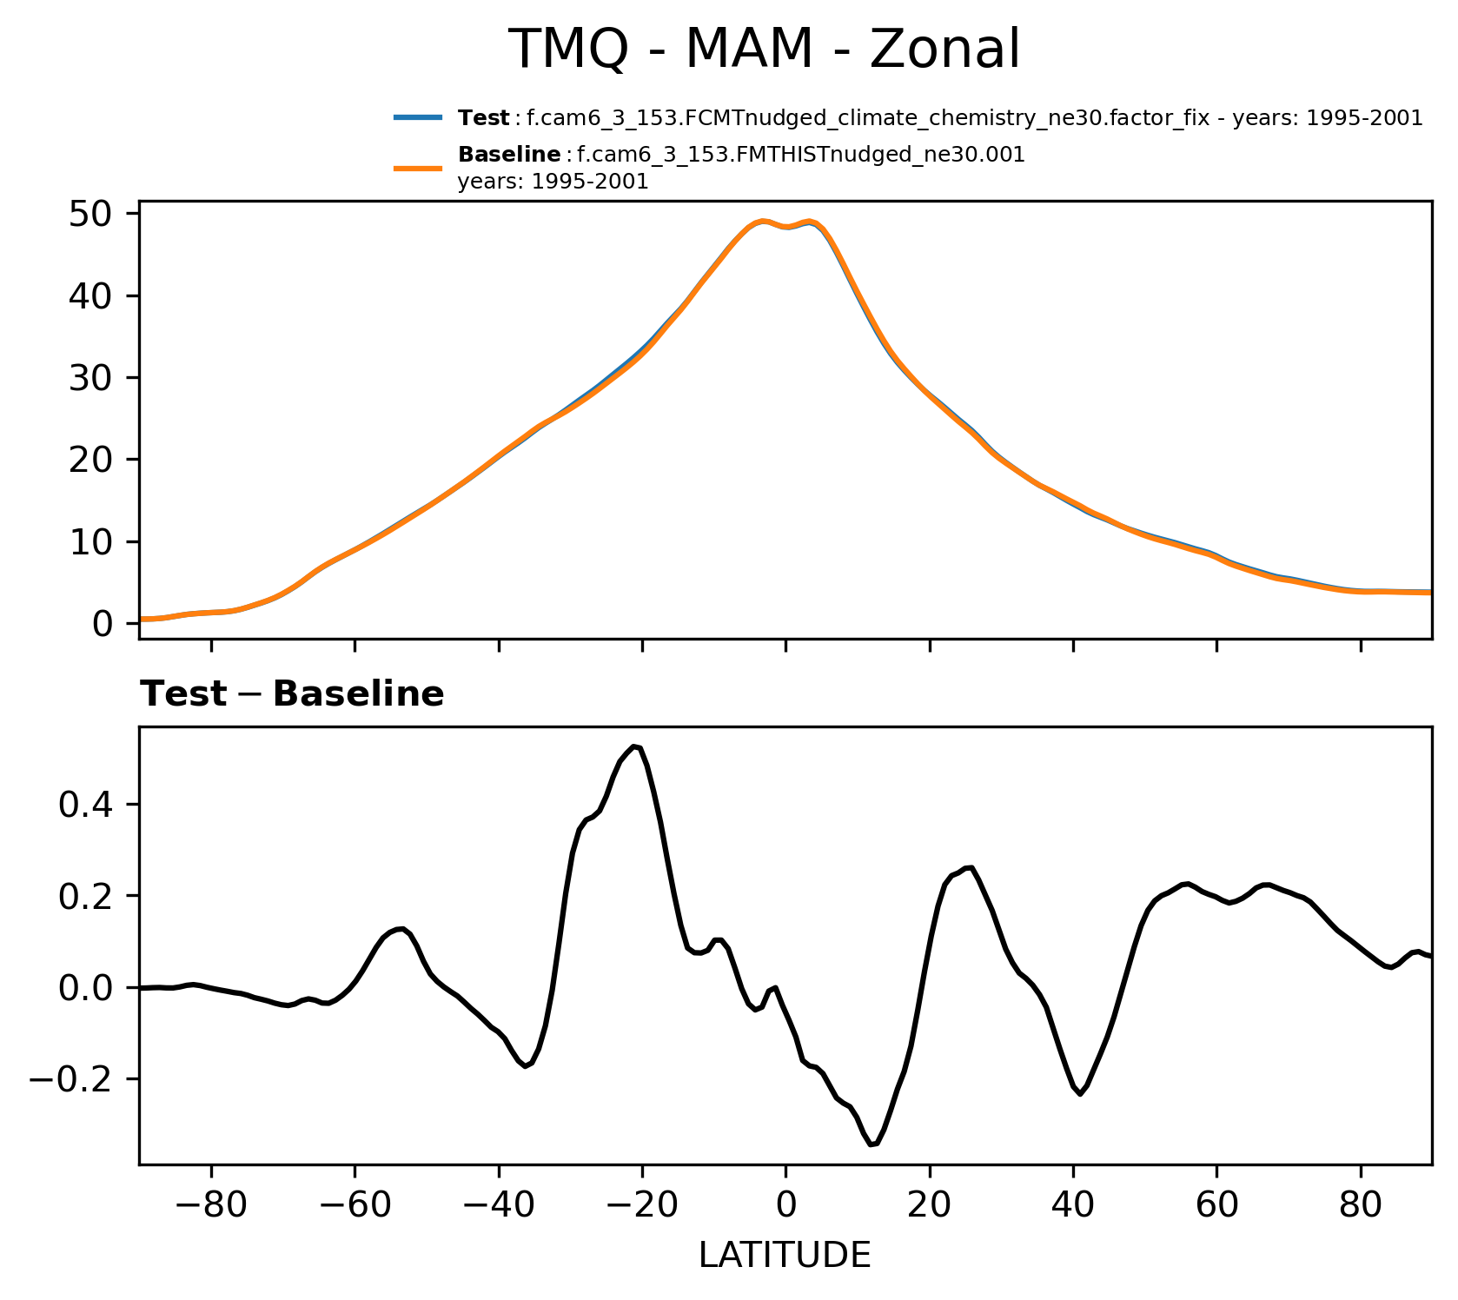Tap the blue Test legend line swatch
point(419,117)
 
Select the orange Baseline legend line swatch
point(419,168)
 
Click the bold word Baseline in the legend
point(509,155)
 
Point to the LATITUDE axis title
point(785,1255)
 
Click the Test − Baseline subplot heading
point(292,694)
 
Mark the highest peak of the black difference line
point(635,746)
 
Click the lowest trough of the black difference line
point(871,1145)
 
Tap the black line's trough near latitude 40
point(1080,1094)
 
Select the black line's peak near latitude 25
point(971,867)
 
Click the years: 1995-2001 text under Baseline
point(553,182)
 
